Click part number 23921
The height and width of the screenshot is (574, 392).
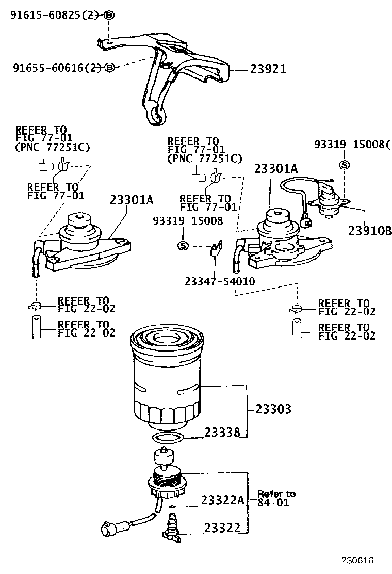click(x=268, y=69)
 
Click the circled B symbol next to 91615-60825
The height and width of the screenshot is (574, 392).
click(x=109, y=15)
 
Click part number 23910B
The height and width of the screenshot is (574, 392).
click(x=370, y=231)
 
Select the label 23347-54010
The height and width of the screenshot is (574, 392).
click(x=219, y=281)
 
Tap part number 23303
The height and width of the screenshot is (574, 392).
click(x=273, y=409)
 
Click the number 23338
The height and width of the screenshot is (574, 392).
click(x=222, y=433)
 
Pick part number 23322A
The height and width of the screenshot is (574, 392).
click(x=221, y=500)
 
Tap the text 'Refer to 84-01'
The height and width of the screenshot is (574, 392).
click(x=276, y=498)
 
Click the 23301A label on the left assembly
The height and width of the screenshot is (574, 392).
click(x=132, y=200)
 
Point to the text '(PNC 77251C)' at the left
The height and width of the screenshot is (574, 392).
click(x=52, y=147)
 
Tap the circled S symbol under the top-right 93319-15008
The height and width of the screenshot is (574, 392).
click(x=344, y=164)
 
